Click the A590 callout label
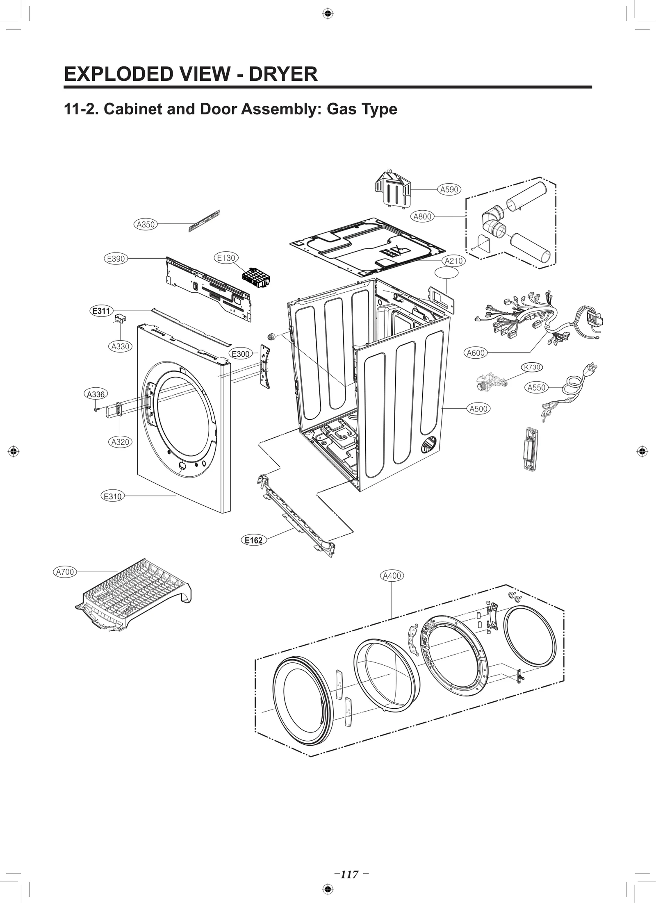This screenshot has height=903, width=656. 449,189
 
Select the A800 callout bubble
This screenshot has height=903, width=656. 422,216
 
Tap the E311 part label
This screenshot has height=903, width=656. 101,311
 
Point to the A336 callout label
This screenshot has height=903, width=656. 96,394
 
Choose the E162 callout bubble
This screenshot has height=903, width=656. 253,540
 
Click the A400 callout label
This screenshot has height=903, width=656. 392,575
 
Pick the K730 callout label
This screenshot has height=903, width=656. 532,367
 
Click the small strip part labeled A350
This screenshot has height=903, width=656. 204,221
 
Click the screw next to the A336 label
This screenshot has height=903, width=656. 96,409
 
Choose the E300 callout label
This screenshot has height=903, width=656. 240,354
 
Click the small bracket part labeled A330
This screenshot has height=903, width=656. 120,318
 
